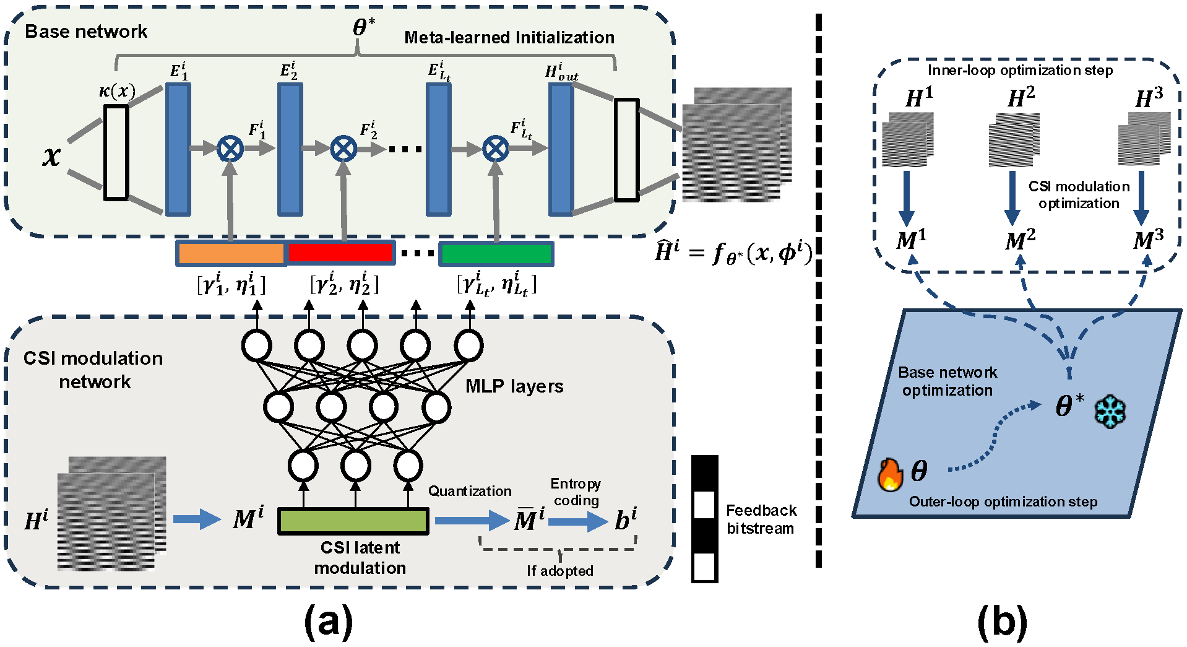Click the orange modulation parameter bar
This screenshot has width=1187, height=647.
point(231,253)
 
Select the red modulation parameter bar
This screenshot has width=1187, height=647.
point(340,253)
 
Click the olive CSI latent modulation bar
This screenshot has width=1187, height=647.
point(353,521)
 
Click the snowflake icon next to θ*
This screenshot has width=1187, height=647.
point(1110,412)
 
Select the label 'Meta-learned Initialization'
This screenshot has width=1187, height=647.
point(509,38)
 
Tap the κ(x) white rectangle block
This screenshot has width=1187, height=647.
point(116,152)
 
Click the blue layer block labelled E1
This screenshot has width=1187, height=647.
point(178,149)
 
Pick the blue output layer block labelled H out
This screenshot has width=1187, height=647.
point(561,149)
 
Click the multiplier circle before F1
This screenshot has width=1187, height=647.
point(230,149)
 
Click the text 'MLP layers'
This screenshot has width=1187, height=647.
point(514,386)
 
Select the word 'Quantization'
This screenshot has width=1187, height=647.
point(470,491)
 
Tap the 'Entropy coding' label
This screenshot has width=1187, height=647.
point(576,492)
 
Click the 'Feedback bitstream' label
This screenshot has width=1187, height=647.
point(761,519)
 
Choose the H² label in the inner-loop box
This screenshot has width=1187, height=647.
point(1021,97)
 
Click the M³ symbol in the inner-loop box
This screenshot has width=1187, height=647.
point(1148,240)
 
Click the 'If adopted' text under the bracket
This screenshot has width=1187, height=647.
point(560,571)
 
